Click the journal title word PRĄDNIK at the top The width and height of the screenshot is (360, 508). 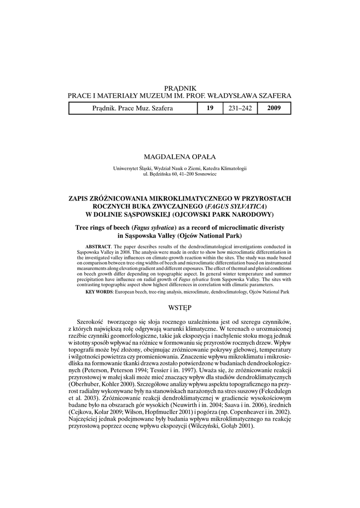[x=180, y=88]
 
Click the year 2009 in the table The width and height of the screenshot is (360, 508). [x=274, y=108]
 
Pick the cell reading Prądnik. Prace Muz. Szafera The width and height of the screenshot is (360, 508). [x=133, y=108]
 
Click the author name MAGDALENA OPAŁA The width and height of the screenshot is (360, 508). [x=180, y=156]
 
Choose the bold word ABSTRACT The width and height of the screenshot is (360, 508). [x=98, y=247]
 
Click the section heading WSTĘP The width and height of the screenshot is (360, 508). [x=180, y=308]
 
